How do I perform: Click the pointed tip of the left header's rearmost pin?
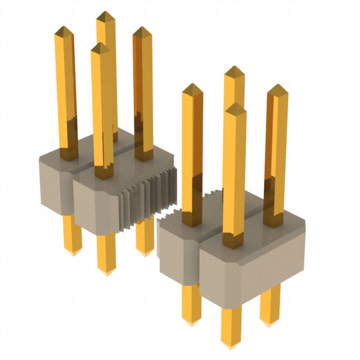tap(105, 13)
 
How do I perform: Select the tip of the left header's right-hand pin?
tap(142, 29)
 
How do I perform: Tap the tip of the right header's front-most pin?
tap(234, 104)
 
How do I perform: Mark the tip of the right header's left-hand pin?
tap(192, 86)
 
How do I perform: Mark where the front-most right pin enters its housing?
tap(233, 243)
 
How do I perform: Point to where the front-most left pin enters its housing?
tap(103, 174)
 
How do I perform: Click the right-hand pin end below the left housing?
tap(145, 252)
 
